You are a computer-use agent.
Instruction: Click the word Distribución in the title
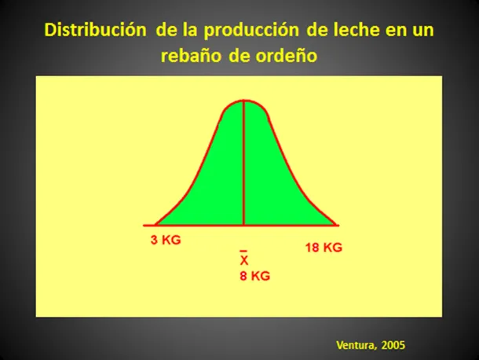[x=95, y=30]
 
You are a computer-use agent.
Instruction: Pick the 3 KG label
[x=166, y=240]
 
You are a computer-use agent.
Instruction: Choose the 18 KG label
[x=324, y=248]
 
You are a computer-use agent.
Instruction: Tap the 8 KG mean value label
[x=254, y=276]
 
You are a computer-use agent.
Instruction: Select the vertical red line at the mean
[x=243, y=163]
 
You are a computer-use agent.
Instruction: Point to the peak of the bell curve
[x=243, y=101]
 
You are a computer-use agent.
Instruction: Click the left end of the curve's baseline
[x=144, y=226]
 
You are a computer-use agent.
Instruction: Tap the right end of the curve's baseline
[x=338, y=226]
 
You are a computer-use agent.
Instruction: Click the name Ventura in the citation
[x=355, y=345]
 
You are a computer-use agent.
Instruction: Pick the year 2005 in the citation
[x=393, y=345]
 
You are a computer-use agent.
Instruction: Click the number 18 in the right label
[x=313, y=248]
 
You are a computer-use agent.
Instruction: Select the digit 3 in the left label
[x=154, y=240]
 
